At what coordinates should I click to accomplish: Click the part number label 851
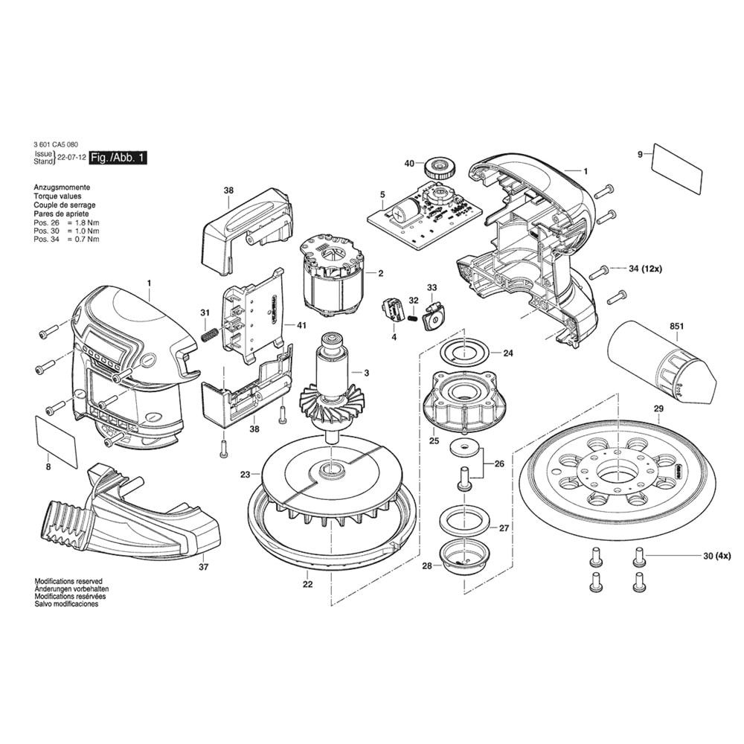(x=655, y=326)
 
